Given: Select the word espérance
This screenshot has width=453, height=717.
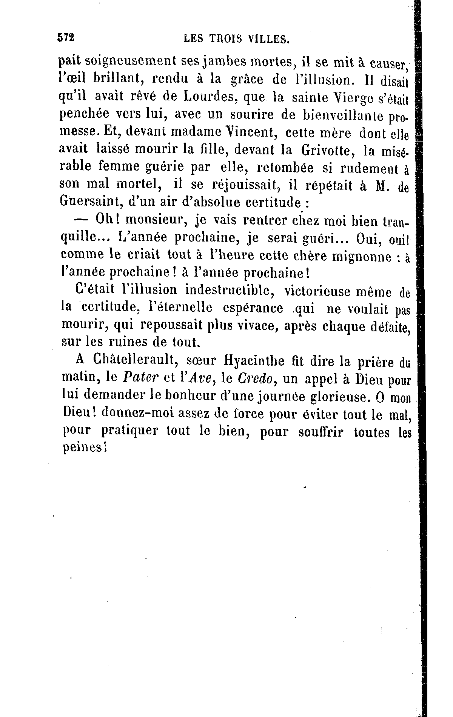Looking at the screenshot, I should click(x=253, y=308).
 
